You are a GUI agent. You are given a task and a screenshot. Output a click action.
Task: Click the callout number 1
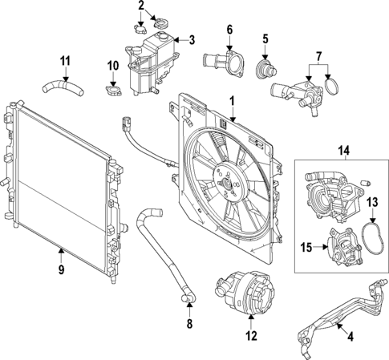point(231,101)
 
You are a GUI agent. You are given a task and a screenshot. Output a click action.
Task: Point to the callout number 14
point(343,148)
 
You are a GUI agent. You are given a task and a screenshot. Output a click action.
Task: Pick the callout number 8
point(189,325)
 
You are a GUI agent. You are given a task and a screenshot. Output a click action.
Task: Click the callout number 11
point(67,59)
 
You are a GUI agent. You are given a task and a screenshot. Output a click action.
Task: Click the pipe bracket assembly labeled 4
point(337,317)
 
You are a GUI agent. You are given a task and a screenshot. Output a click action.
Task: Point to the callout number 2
point(141,7)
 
